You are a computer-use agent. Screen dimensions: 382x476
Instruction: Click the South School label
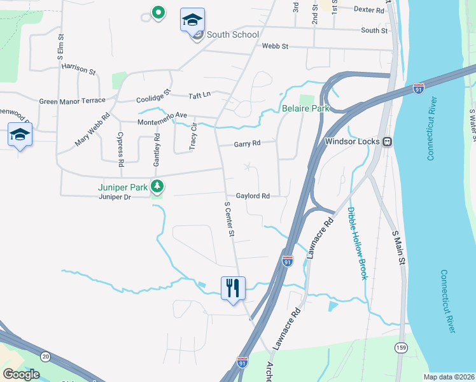tap(232, 34)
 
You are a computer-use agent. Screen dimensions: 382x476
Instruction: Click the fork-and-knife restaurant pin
tap(233, 287)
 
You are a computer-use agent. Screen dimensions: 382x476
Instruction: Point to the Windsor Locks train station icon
tap(386, 141)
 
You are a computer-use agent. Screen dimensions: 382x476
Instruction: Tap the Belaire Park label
tap(305, 108)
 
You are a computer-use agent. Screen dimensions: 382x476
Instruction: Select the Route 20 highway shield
tap(45, 356)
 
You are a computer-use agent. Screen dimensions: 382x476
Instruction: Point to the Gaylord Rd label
tap(253, 196)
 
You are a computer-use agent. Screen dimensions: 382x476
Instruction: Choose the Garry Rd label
tap(247, 143)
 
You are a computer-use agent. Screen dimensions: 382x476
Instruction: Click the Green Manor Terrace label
tap(72, 101)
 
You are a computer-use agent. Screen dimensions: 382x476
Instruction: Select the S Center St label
tap(229, 220)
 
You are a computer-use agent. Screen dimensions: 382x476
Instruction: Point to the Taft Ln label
tap(199, 95)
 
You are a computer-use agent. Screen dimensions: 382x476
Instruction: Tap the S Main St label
tap(399, 248)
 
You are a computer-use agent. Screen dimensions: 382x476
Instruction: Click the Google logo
tap(21, 374)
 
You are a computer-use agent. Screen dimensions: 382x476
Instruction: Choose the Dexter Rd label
tap(370, 10)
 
